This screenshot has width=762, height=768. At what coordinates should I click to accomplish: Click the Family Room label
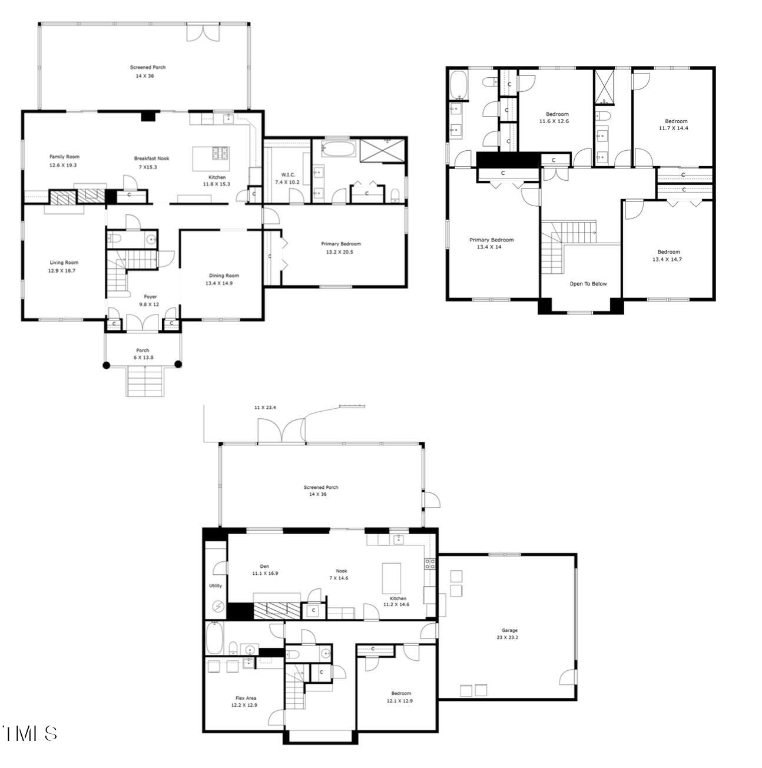[x=64, y=157]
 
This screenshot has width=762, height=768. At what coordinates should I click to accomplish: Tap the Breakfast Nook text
[x=151, y=158]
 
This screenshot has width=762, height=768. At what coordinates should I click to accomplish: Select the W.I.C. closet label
[x=287, y=174]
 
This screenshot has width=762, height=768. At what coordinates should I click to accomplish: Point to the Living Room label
[x=63, y=263]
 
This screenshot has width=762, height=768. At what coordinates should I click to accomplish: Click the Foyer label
[x=150, y=297]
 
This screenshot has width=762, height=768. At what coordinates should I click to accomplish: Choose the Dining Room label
[x=224, y=275]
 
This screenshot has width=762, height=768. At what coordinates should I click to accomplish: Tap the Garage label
[x=509, y=630]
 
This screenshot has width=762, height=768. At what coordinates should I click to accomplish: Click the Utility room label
[x=216, y=585]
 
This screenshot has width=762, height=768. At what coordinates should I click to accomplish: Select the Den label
[x=264, y=566]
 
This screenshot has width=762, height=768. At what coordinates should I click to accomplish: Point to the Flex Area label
[x=246, y=698]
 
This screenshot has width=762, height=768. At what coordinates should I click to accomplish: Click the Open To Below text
[x=588, y=284]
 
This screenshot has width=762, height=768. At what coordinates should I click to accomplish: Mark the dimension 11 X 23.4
[x=265, y=408]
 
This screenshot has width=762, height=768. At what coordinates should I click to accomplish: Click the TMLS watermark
[x=29, y=733]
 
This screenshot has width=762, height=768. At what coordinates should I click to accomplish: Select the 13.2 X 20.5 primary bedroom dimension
[x=340, y=251]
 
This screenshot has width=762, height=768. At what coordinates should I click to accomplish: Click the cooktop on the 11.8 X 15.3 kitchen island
[x=222, y=153]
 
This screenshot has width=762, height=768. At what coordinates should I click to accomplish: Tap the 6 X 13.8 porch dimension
[x=143, y=357]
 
